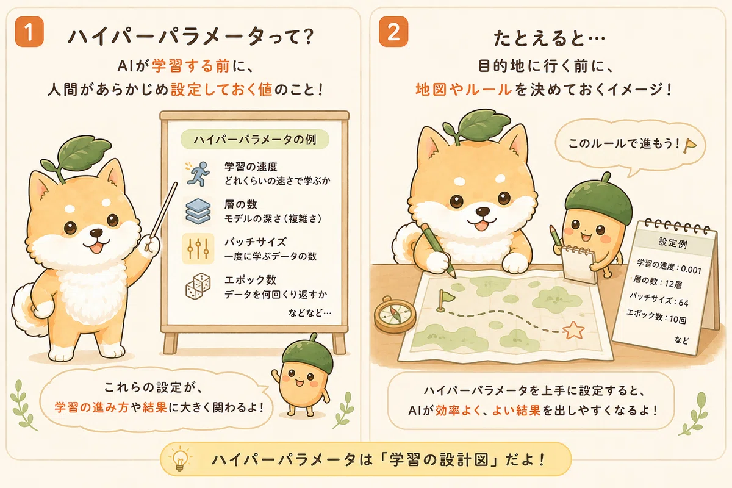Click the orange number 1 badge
point(29,32)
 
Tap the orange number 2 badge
point(393,32)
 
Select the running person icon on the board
point(198,174)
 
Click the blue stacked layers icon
point(198,211)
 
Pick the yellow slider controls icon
point(198,248)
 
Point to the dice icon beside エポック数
point(198,286)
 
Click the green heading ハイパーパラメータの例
point(255,140)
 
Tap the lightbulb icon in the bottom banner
point(179,457)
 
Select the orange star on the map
point(573,331)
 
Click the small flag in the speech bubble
point(689,145)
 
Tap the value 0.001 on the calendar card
point(691,270)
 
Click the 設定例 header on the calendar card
point(672,243)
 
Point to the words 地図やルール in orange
point(464,90)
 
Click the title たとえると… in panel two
point(549,38)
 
